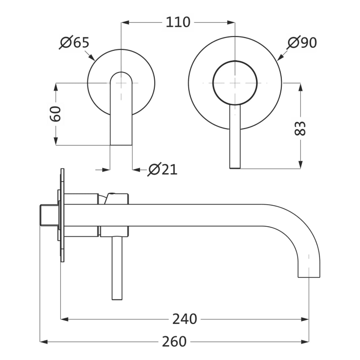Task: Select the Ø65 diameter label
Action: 75,43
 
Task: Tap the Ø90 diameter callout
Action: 302,43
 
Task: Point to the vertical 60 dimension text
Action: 56,114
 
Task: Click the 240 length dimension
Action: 184,319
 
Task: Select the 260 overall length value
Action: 175,341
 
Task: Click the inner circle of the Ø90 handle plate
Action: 235,83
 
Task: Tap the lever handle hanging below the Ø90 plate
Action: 235,139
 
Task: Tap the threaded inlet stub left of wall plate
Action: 48,216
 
